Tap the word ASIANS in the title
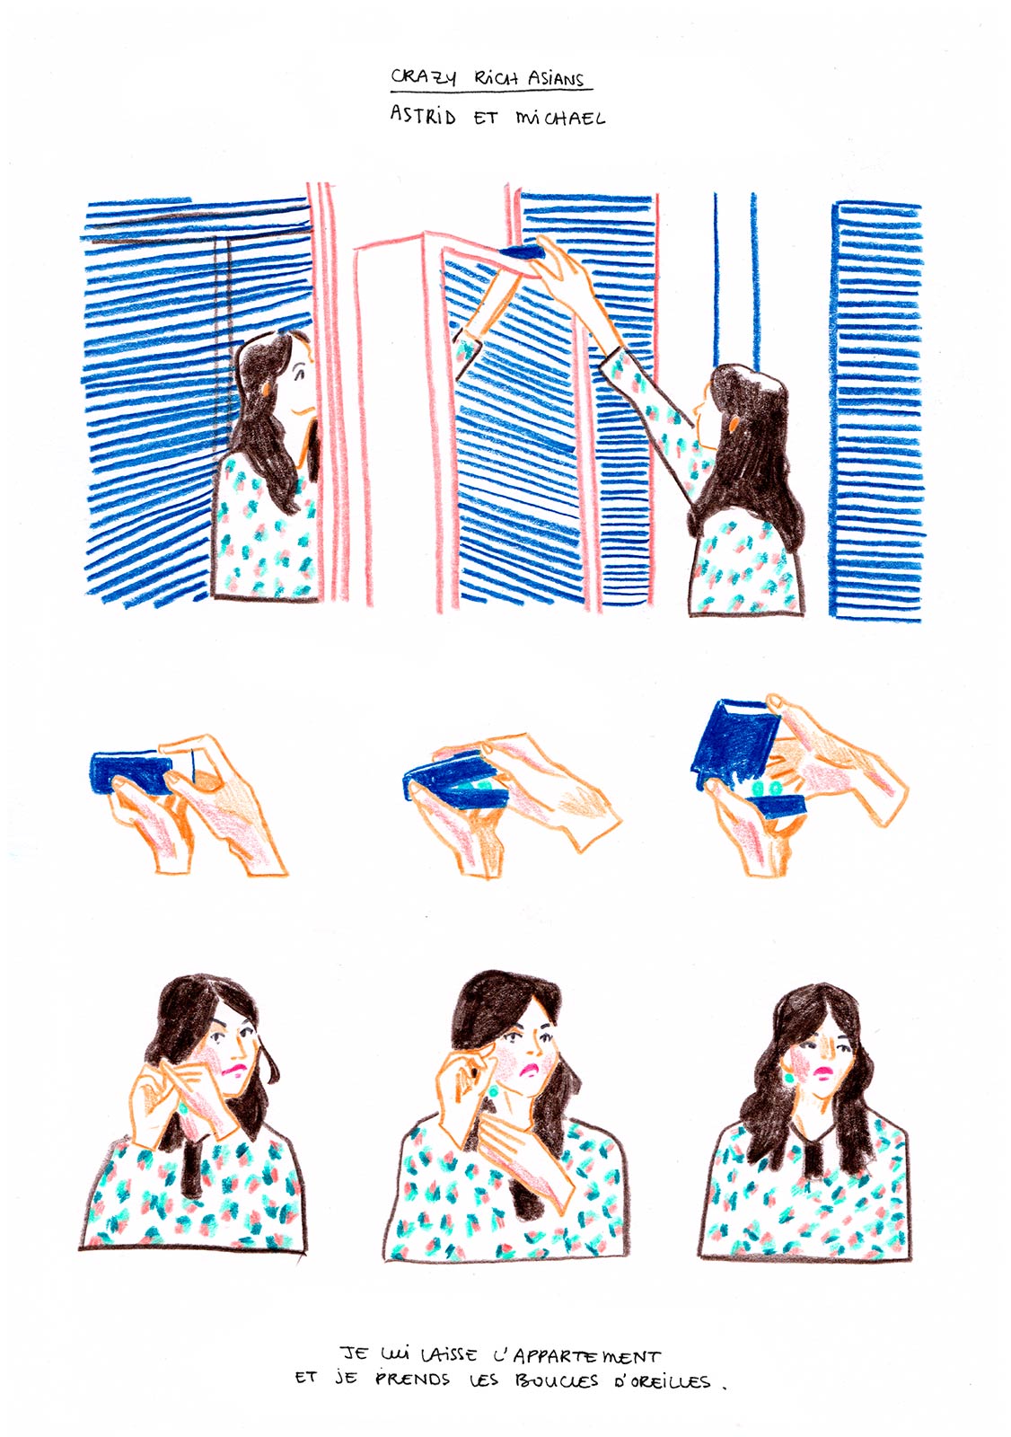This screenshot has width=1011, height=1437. pyautogui.click(x=557, y=79)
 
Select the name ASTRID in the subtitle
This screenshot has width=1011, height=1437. pyautogui.click(x=423, y=116)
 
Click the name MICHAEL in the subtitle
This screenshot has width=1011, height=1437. pyautogui.click(x=559, y=118)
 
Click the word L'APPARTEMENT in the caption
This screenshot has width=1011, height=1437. pyautogui.click(x=576, y=1355)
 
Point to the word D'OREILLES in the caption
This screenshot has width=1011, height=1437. pyautogui.click(x=662, y=1381)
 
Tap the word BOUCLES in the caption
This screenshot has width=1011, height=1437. pyautogui.click(x=556, y=1380)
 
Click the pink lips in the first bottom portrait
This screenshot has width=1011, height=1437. pyautogui.click(x=234, y=1071)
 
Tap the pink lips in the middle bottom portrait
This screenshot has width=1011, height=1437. pyautogui.click(x=532, y=1069)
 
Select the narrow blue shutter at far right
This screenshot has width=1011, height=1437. pyautogui.click(x=875, y=409)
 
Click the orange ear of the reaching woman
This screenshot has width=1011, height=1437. pyautogui.click(x=734, y=422)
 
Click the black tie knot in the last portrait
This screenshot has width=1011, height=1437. pyautogui.click(x=817, y=1154)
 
